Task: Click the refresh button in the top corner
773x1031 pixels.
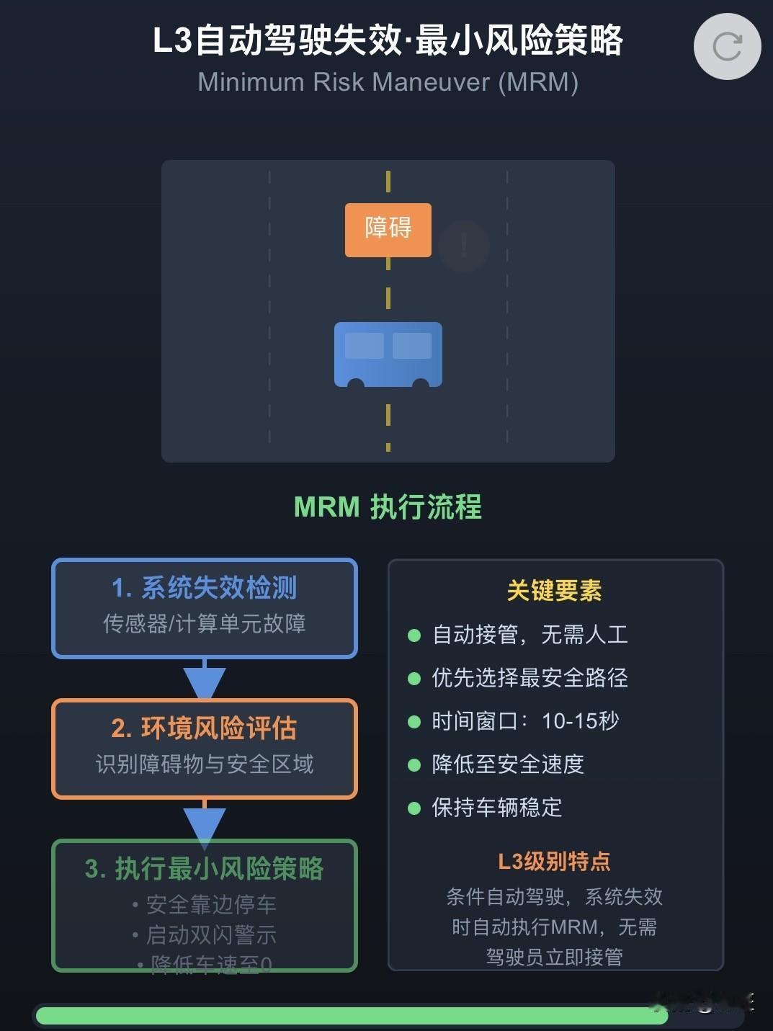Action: point(727,47)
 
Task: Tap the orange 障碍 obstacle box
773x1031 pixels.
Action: point(388,230)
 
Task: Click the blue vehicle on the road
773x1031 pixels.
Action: point(388,353)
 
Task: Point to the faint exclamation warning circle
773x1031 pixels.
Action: point(464,245)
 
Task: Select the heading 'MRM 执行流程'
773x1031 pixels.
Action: point(388,507)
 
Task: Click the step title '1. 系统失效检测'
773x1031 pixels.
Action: point(204,588)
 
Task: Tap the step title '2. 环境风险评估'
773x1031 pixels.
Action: point(204,728)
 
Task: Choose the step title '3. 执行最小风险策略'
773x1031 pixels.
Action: point(204,869)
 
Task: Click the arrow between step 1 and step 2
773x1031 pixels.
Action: point(205,681)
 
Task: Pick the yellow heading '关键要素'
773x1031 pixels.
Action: point(554,591)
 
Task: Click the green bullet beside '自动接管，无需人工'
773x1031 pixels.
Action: point(414,635)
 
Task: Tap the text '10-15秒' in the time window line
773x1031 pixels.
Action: point(580,721)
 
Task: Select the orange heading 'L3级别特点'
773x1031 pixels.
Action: point(554,862)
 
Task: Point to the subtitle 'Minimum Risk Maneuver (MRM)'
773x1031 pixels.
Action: point(388,82)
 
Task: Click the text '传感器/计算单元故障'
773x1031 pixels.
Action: point(204,623)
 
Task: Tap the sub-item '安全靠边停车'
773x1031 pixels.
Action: point(211,904)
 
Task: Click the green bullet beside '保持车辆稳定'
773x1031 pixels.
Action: point(414,808)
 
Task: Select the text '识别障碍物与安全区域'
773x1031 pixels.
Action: point(204,764)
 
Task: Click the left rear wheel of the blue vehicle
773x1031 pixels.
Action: point(356,383)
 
